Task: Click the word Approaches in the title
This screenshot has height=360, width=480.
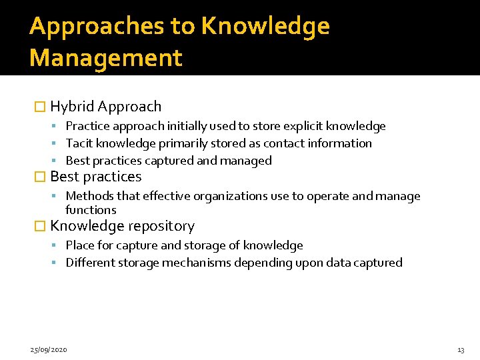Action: [x=97, y=26]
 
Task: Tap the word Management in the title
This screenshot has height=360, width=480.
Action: [x=105, y=58]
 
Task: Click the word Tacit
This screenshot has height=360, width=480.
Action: [x=79, y=143]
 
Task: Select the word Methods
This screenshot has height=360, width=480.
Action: [x=89, y=196]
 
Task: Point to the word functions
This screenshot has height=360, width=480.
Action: [x=91, y=210]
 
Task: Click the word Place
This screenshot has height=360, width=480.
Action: [x=80, y=245]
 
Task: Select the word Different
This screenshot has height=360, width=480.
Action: [x=90, y=263]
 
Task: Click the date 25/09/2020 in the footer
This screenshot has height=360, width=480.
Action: [x=49, y=350]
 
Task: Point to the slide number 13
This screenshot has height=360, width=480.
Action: [x=461, y=350]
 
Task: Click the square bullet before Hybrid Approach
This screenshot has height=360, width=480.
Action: [x=39, y=107]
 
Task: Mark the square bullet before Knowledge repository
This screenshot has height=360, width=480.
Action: [x=39, y=227]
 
